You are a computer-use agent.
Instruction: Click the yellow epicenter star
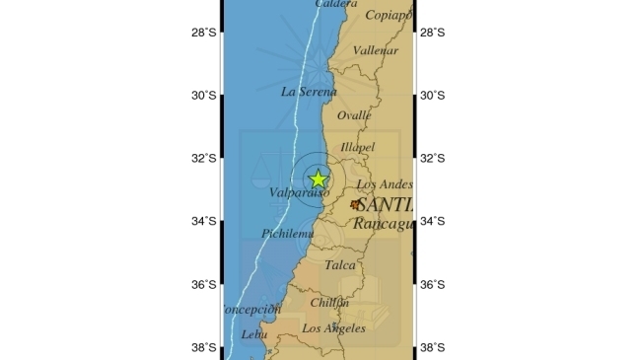[x=318, y=179]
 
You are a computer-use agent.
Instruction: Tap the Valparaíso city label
[x=299, y=193]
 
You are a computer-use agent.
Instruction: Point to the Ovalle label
[x=354, y=115]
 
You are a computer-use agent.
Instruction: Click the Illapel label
[x=357, y=148]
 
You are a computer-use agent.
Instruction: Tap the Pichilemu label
[x=288, y=234]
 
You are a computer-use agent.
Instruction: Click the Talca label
[x=340, y=264]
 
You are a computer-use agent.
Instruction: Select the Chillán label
[x=330, y=302]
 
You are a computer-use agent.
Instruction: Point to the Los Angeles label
[x=333, y=327]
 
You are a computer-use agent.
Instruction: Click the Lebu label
[x=254, y=335]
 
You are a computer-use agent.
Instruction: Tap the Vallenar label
[x=375, y=50]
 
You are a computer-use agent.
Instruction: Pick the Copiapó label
[x=389, y=15]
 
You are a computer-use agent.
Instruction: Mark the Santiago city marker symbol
[x=355, y=205]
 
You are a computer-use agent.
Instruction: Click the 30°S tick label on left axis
[x=205, y=96]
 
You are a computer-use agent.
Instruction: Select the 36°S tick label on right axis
[x=432, y=285]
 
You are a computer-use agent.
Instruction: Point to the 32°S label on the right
[x=432, y=159]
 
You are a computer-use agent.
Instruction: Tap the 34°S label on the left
[x=205, y=222]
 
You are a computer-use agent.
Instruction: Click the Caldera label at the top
[x=337, y=4]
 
